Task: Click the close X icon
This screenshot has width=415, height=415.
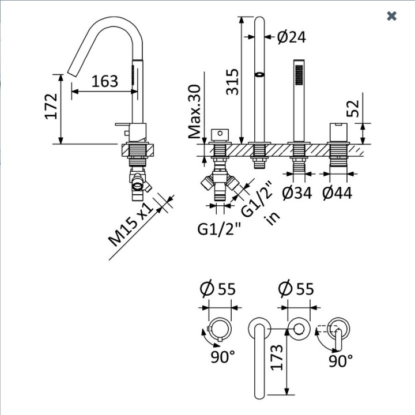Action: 391,16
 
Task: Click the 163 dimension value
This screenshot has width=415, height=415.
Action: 104,81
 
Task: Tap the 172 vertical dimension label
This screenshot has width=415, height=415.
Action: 51,106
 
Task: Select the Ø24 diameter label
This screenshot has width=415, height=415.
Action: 292,37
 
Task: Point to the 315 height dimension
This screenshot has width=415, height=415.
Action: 232,82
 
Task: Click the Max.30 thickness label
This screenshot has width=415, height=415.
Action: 195,111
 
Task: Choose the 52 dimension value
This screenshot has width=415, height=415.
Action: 353,108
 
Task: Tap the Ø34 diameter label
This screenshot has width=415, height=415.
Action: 297,193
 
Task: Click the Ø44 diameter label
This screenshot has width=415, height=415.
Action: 337,193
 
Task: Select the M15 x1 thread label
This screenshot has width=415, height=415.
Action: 131,225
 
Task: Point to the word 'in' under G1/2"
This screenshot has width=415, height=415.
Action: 273,218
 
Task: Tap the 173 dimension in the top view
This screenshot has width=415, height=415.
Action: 277,357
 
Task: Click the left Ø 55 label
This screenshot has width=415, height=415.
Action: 217,288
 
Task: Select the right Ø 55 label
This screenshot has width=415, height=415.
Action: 296,288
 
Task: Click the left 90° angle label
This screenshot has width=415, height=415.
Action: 223,357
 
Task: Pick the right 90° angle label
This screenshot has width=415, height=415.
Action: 341,360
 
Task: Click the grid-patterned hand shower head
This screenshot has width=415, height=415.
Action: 299,75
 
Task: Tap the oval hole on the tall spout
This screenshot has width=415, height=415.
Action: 259,74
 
